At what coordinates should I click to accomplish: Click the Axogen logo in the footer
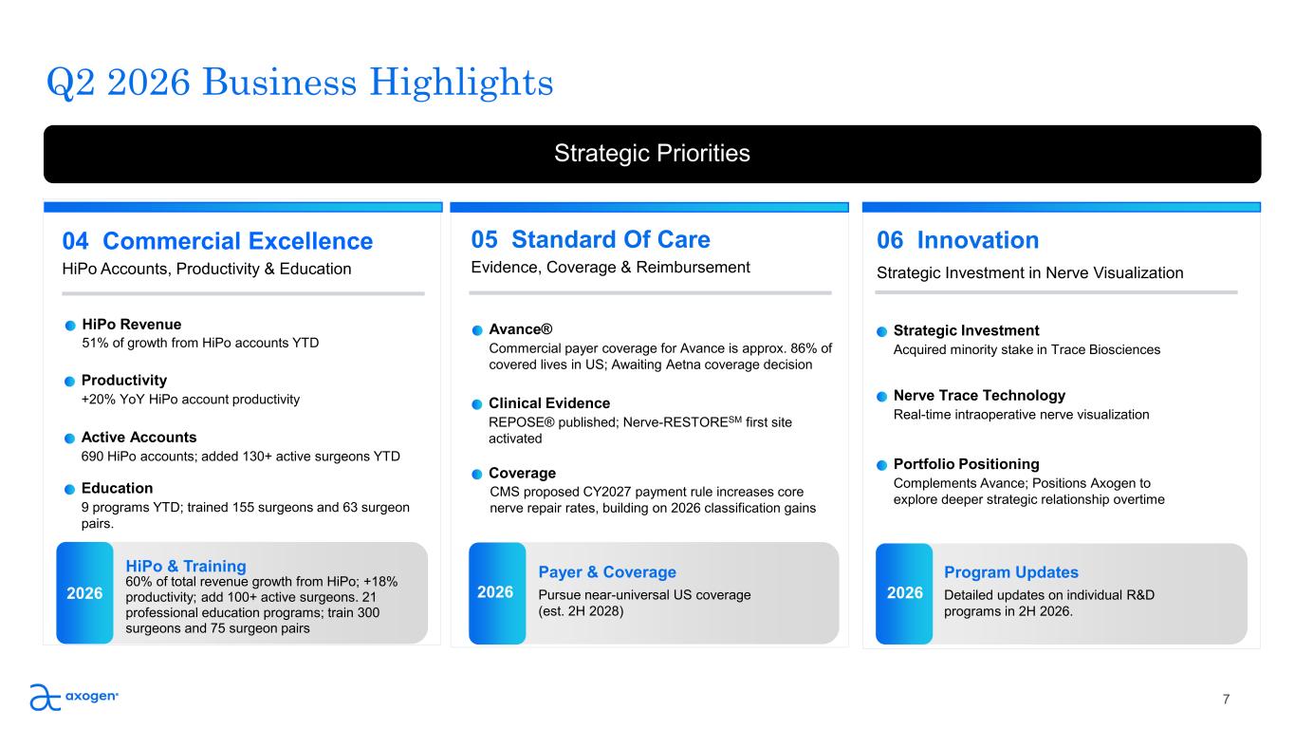[74, 697]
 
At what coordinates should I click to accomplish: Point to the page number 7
[1226, 700]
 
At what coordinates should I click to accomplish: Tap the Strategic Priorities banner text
[652, 154]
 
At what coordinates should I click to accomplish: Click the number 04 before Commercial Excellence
[75, 241]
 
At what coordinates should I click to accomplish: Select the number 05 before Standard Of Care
[484, 239]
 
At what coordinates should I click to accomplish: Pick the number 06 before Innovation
[890, 240]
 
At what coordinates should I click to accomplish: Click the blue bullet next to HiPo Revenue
[70, 326]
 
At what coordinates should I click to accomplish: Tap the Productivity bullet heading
[123, 380]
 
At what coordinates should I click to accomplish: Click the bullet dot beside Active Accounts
[70, 439]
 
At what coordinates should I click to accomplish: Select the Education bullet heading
[117, 488]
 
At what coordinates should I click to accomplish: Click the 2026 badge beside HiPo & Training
[84, 593]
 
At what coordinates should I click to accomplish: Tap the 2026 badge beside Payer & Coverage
[497, 593]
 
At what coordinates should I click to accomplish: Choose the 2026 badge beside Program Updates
[904, 593]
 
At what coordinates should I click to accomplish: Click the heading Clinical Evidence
[549, 403]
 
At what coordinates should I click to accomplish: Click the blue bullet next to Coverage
[477, 475]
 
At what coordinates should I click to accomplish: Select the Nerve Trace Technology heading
[979, 396]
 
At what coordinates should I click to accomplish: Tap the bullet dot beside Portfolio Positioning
[881, 465]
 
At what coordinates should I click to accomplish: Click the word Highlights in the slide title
[461, 83]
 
